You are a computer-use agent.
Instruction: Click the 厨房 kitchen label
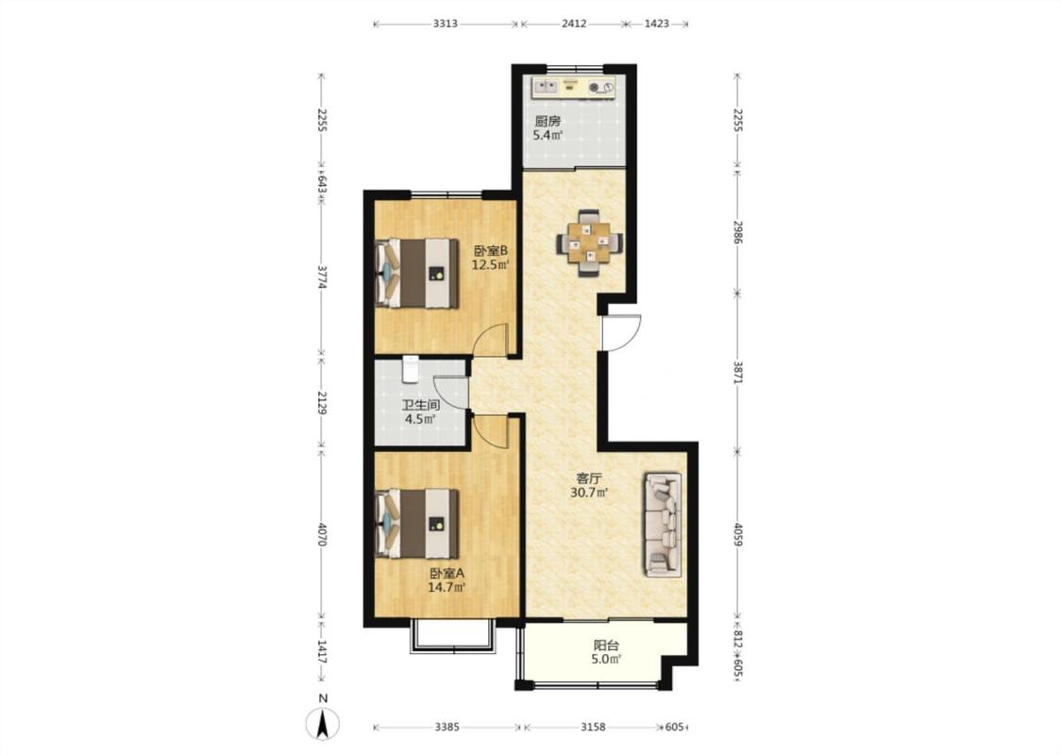(x=548, y=121)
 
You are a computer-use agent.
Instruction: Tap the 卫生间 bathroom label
(x=421, y=405)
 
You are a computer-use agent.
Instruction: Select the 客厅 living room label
(x=588, y=478)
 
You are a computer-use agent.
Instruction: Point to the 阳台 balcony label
(x=606, y=646)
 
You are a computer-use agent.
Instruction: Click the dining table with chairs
(x=589, y=243)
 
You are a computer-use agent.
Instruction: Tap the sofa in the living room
(x=663, y=526)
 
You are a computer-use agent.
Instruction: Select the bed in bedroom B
(x=416, y=273)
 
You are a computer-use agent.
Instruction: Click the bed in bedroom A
(x=416, y=523)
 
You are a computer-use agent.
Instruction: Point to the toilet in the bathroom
(x=411, y=368)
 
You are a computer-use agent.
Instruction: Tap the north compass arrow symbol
(x=323, y=724)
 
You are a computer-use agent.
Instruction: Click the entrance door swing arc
(x=627, y=333)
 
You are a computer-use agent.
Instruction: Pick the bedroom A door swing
(x=490, y=430)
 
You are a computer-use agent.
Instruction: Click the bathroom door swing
(x=450, y=392)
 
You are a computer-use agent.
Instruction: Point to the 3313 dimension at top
(x=445, y=24)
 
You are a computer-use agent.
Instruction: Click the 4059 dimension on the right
(x=738, y=533)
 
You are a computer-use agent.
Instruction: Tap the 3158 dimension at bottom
(x=593, y=728)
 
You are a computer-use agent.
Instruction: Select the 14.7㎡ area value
(x=447, y=587)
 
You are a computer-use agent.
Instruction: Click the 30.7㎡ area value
(x=588, y=493)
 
